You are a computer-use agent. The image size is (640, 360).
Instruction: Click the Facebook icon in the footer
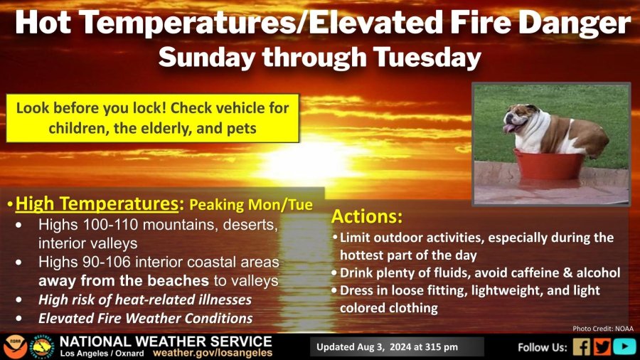coord(582,347)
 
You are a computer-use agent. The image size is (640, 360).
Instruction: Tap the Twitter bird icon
coord(602,347)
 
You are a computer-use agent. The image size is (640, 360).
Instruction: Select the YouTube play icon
coord(624,347)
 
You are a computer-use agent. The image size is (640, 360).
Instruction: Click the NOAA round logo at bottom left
coord(16,347)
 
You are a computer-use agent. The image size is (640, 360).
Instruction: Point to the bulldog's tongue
coord(508,129)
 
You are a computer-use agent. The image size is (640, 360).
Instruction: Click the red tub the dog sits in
coord(548,165)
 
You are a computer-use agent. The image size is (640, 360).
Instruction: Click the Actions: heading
coord(367,216)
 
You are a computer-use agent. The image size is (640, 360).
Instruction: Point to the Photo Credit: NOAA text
coord(603,329)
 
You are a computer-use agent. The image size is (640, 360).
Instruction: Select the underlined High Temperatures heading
coord(97,204)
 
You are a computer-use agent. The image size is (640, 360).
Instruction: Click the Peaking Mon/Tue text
coord(251,204)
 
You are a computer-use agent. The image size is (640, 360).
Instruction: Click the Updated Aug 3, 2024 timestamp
coord(387,347)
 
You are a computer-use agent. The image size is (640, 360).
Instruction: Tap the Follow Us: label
coord(543,347)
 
